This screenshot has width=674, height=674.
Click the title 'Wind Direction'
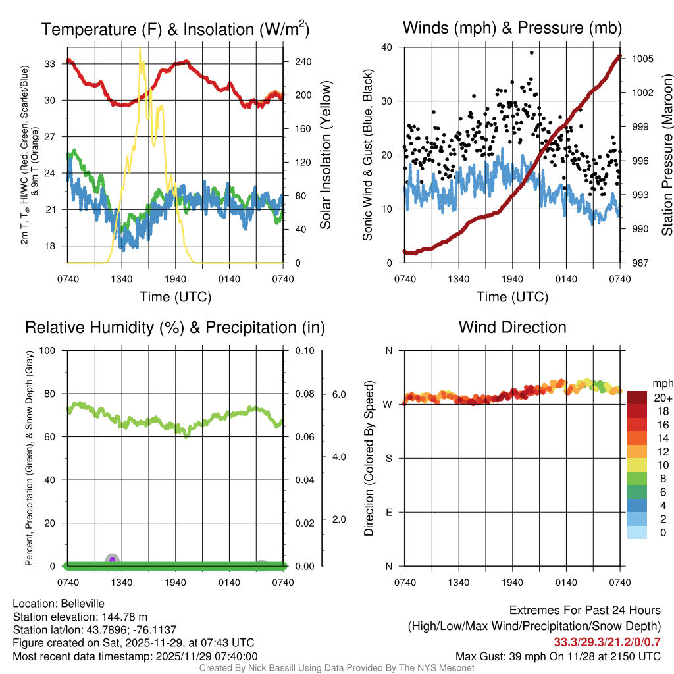click(512, 327)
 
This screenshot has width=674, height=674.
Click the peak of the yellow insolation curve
click(140, 49)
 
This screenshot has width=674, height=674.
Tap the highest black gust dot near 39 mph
click(531, 53)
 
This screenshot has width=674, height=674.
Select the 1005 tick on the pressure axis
click(642, 59)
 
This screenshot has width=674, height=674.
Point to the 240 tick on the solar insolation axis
click(303, 62)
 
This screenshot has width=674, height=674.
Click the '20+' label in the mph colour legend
click(662, 398)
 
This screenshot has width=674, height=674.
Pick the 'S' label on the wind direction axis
click(388, 458)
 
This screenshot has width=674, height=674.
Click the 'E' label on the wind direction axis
click(388, 512)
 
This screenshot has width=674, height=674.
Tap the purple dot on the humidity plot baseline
click(112, 560)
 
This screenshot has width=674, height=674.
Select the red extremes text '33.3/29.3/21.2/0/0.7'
click(607, 642)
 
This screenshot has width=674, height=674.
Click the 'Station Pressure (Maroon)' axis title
click(667, 155)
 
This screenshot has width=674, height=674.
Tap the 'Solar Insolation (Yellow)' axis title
click(325, 155)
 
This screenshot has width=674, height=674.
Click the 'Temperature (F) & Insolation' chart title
click(175, 29)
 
